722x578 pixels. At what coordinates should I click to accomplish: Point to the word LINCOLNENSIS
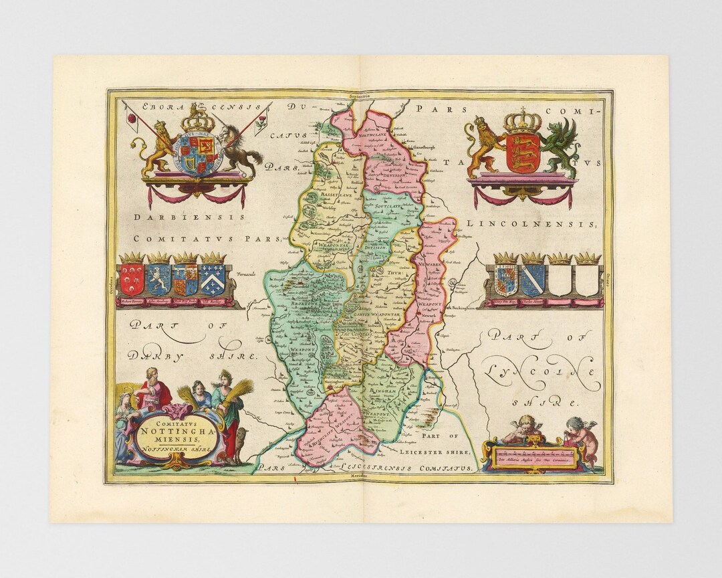click(531, 223)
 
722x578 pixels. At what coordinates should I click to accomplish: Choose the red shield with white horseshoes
click(132, 279)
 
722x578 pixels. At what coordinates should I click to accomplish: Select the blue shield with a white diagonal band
click(533, 279)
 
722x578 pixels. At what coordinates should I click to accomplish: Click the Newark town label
click(429, 278)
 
